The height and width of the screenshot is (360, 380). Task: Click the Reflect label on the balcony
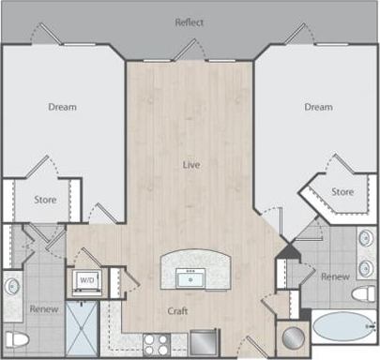pyautogui.click(x=189, y=22)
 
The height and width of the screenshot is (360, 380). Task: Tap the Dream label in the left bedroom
pyautogui.click(x=62, y=107)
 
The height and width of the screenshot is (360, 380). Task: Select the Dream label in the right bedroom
pyautogui.click(x=318, y=107)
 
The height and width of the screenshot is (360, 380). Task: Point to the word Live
pyautogui.click(x=190, y=164)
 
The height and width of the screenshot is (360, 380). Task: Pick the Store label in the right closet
pyautogui.click(x=342, y=192)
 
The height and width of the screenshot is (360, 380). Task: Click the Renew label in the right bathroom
pyautogui.click(x=335, y=277)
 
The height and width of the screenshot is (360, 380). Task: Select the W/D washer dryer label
pyautogui.click(x=86, y=280)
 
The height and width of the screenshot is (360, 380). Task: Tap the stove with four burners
pyautogui.click(x=156, y=343)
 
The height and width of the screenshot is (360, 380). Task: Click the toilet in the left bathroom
pyautogui.click(x=14, y=338)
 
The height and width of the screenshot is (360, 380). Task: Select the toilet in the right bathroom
pyautogui.click(x=365, y=293)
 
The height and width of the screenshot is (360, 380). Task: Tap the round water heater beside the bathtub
pyautogui.click(x=293, y=337)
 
